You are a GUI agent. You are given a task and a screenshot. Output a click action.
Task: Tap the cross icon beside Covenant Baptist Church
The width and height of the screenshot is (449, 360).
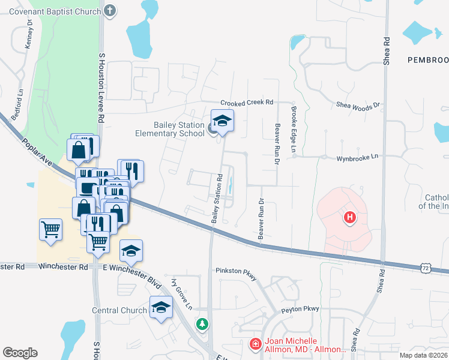(x=109, y=10)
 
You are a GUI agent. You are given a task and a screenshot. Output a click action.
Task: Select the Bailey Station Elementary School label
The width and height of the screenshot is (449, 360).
(x=170, y=129)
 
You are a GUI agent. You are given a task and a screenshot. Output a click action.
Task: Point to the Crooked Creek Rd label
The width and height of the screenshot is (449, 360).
(x=246, y=103)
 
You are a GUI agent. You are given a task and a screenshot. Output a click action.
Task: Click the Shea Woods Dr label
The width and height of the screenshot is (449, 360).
(x=358, y=105)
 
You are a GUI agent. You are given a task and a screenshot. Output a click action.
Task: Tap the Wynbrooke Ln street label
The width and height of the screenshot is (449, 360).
(x=357, y=156)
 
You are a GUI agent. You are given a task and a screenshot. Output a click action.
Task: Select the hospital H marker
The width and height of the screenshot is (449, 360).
(x=350, y=217)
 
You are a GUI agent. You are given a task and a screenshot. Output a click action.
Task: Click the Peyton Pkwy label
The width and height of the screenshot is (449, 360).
(x=300, y=309)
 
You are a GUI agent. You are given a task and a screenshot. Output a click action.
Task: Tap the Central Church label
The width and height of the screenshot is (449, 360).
(x=119, y=310)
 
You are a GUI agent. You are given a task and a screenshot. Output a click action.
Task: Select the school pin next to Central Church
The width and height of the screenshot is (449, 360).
(x=161, y=308)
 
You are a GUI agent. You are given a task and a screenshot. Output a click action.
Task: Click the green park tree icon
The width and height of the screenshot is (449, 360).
(x=203, y=324)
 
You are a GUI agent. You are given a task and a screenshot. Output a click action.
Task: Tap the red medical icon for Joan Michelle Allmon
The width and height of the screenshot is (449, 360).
(x=255, y=344)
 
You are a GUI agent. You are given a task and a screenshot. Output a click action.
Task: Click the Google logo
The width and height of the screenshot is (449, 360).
(x=20, y=352)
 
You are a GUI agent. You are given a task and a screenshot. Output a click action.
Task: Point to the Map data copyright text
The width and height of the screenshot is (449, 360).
(x=423, y=355)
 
